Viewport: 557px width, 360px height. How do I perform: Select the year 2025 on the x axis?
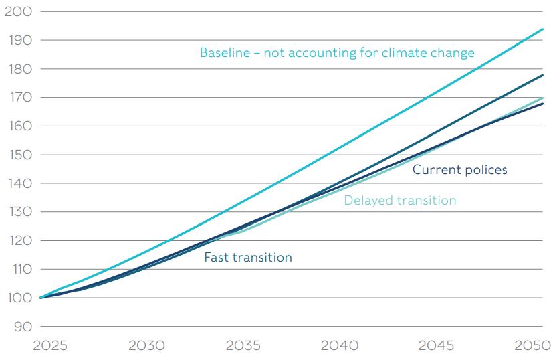(x=50, y=346)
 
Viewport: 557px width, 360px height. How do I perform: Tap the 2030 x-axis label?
(x=146, y=346)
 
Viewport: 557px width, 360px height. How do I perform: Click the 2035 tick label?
(x=243, y=346)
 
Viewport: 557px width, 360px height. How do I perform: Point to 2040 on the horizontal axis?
(x=340, y=346)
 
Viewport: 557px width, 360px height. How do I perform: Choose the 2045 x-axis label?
(x=437, y=346)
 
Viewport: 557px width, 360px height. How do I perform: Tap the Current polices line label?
(x=459, y=170)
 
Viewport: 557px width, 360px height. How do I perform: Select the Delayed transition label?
(x=400, y=201)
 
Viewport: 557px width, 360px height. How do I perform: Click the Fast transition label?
(x=247, y=258)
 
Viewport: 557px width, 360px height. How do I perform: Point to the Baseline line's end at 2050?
(x=543, y=29)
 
